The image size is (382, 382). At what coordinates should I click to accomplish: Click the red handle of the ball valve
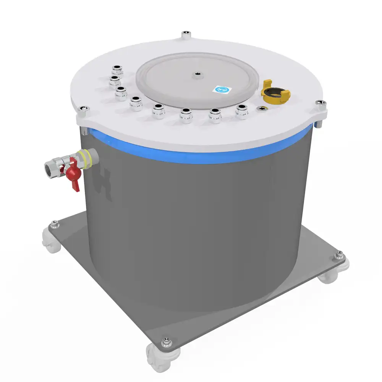click(74, 175)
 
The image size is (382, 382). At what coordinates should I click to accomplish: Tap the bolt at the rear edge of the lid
click(186, 35)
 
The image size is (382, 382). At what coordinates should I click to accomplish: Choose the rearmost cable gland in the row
click(116, 70)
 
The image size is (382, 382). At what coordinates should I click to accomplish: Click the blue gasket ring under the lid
click(199, 155)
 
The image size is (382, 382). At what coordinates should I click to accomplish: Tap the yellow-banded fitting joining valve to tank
click(86, 159)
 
